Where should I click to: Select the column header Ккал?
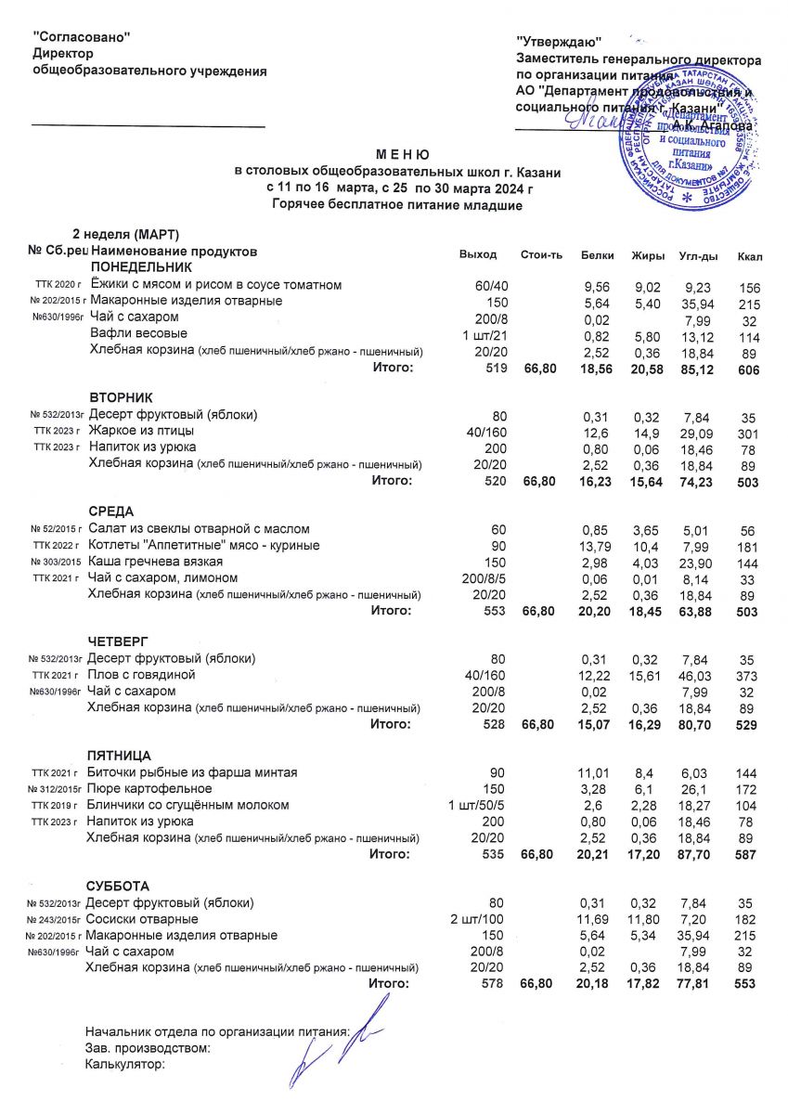click(747, 254)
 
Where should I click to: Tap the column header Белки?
click(597, 254)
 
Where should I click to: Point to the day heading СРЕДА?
click(111, 512)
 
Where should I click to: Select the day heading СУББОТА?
click(118, 886)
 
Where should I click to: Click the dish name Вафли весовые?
click(138, 333)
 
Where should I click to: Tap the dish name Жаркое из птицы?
click(141, 432)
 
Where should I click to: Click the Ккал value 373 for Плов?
click(746, 675)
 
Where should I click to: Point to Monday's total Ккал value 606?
click(746, 369)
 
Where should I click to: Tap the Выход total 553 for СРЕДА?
click(492, 611)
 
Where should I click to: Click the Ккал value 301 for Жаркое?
click(746, 432)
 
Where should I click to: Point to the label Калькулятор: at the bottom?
click(124, 1064)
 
